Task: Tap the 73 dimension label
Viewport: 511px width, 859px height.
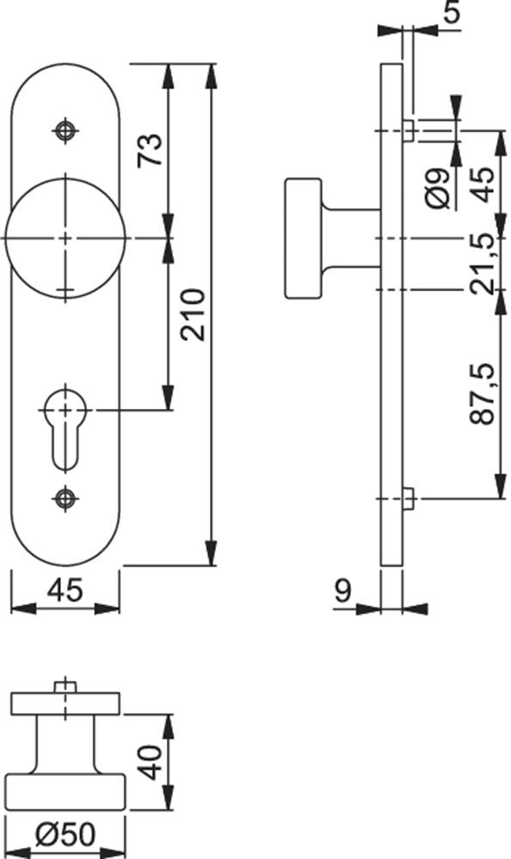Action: point(150,149)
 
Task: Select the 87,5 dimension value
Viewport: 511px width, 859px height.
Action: point(482,393)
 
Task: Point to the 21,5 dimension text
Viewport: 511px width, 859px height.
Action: point(482,263)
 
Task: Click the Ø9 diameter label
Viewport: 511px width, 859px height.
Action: point(437,188)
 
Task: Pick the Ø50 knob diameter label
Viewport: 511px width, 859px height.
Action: point(65,835)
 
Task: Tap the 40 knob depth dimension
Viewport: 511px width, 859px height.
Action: point(152,762)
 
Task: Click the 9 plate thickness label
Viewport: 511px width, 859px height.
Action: point(343,591)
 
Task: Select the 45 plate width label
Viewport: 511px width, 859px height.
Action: point(65,590)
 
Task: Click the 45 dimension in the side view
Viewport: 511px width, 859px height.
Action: point(482,184)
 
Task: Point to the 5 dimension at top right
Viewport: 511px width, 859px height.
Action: point(451,11)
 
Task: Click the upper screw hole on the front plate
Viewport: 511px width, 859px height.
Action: point(65,131)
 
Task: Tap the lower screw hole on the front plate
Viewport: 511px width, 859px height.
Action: point(65,498)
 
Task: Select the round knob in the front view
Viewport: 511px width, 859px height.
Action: point(65,238)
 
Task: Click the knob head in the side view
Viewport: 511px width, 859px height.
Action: point(304,238)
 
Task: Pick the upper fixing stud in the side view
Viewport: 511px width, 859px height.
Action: point(409,131)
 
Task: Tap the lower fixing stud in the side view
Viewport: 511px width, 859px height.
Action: point(409,498)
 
